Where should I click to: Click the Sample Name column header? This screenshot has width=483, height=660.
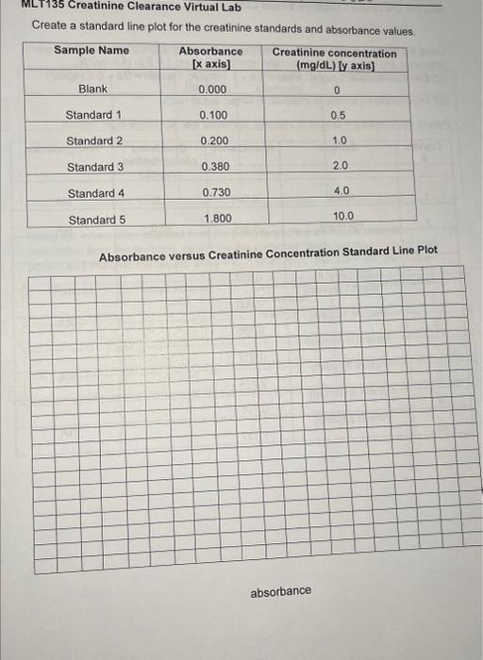coord(92,50)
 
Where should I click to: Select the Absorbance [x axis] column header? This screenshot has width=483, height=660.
coord(210,58)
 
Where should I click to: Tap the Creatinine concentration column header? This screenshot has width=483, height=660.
coord(335,59)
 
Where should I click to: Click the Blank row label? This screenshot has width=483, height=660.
coord(93,90)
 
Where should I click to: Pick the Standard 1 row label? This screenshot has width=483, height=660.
coord(94,115)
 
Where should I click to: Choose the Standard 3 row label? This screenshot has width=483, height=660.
coord(95,168)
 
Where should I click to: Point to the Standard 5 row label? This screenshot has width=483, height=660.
coord(96,221)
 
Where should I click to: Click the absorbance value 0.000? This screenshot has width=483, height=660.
coord(212,90)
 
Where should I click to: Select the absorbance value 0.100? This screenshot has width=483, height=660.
coord(213,115)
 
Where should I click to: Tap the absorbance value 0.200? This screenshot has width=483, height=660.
coord(214,140)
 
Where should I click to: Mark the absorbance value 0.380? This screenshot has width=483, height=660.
coord(215,167)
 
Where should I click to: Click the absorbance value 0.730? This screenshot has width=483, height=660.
coord(216,193)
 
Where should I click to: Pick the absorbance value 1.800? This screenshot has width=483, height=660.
coord(218,219)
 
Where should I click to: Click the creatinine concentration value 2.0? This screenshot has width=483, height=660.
coord(341,165)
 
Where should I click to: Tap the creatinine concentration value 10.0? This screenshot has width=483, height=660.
coord(343,216)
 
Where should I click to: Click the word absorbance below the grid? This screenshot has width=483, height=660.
coord(280,591)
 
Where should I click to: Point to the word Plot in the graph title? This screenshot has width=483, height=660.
coord(425,251)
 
